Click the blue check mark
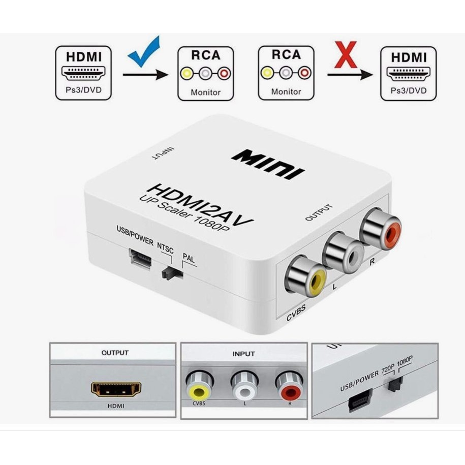point(144,51)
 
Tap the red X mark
point(347,56)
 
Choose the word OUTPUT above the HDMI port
point(115,353)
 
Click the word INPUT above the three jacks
point(243,353)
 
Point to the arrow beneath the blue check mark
point(145,75)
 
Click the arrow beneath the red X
point(350,75)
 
